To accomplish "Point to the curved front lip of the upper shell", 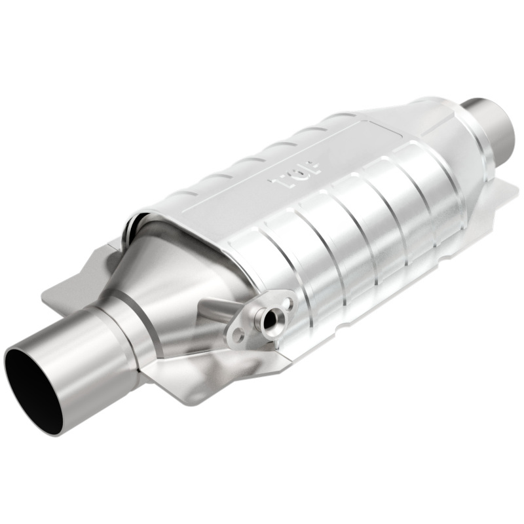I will click(141, 219).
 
